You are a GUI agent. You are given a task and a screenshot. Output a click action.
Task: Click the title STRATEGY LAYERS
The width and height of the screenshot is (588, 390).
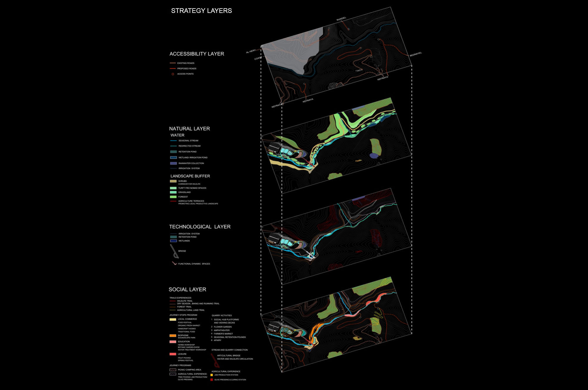201,11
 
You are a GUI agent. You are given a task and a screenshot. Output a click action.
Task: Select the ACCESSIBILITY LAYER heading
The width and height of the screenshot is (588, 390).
197,54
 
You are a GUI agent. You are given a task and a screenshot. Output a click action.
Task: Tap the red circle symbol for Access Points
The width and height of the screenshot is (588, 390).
173,74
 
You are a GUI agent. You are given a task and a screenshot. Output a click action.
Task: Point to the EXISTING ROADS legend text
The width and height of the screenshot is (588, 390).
186,63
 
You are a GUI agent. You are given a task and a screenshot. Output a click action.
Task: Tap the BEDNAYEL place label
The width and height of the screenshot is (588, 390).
416,54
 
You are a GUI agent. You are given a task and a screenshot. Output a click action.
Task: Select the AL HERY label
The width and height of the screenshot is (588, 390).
251,51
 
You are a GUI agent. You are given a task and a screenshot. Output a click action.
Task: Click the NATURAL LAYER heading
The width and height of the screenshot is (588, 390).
189,129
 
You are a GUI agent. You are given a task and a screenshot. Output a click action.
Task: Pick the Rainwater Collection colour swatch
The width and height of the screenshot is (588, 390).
173,163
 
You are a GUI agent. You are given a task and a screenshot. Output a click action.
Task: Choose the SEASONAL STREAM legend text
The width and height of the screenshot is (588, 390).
188,141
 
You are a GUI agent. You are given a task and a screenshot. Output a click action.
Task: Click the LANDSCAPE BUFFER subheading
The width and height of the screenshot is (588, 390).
190,176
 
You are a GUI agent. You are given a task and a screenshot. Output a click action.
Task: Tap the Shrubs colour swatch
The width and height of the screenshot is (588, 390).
173,181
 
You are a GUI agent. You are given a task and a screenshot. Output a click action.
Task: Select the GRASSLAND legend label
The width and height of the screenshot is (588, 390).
184,192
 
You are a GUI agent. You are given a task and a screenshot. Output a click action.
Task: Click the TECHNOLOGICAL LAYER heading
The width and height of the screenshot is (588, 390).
200,227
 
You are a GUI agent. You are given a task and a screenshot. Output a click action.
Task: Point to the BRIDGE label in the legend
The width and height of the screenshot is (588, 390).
182,251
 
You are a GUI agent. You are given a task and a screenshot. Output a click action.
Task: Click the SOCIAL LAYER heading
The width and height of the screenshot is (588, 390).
187,289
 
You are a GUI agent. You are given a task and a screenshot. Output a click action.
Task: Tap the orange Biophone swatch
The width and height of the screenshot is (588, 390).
173,336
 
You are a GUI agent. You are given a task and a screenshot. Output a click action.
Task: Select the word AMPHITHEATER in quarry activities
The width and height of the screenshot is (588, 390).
221,330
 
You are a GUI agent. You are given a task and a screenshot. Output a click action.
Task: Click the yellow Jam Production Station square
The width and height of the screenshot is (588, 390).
211,375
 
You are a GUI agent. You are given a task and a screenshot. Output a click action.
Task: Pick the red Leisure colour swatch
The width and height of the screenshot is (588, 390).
173,354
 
